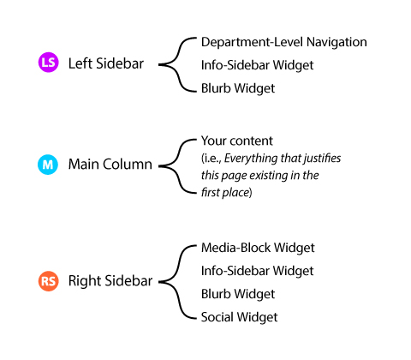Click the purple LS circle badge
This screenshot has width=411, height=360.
tap(49, 63)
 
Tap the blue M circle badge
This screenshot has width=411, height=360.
tap(48, 165)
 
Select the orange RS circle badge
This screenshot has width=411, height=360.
tap(49, 281)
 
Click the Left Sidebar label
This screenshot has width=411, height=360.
tap(106, 63)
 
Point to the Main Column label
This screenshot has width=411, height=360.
tap(110, 165)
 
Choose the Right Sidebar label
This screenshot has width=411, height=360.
tap(110, 281)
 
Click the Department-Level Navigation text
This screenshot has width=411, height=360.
tap(284, 42)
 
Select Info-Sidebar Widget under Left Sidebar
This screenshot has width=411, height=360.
tap(257, 65)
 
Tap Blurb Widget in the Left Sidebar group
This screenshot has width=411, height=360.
tap(238, 88)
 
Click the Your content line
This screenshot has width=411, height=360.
tap(237, 141)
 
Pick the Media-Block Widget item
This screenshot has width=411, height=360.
tap(258, 248)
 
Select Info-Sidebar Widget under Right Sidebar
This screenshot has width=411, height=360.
tap(257, 271)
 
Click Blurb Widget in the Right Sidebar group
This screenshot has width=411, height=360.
tap(238, 294)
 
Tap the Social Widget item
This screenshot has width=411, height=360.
tap(239, 317)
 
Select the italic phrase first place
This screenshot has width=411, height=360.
tap(225, 193)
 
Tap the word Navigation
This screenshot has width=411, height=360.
tap(337, 42)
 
